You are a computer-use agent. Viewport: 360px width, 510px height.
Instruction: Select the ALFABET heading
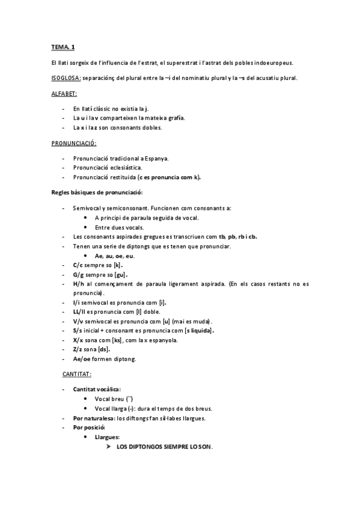point(64,94)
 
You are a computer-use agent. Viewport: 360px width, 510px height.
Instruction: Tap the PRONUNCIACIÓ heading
point(74,144)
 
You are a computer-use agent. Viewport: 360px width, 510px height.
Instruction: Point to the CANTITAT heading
point(76,374)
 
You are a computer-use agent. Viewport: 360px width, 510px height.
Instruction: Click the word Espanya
point(156,159)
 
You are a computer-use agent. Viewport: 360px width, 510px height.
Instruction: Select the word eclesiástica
point(124,168)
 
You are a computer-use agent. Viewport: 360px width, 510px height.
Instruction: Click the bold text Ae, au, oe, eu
point(114,256)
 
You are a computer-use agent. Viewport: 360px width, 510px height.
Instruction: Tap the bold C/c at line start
point(78,265)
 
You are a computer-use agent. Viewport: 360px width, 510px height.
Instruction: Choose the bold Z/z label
point(78,349)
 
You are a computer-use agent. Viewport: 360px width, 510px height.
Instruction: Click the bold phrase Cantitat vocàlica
point(97,390)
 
